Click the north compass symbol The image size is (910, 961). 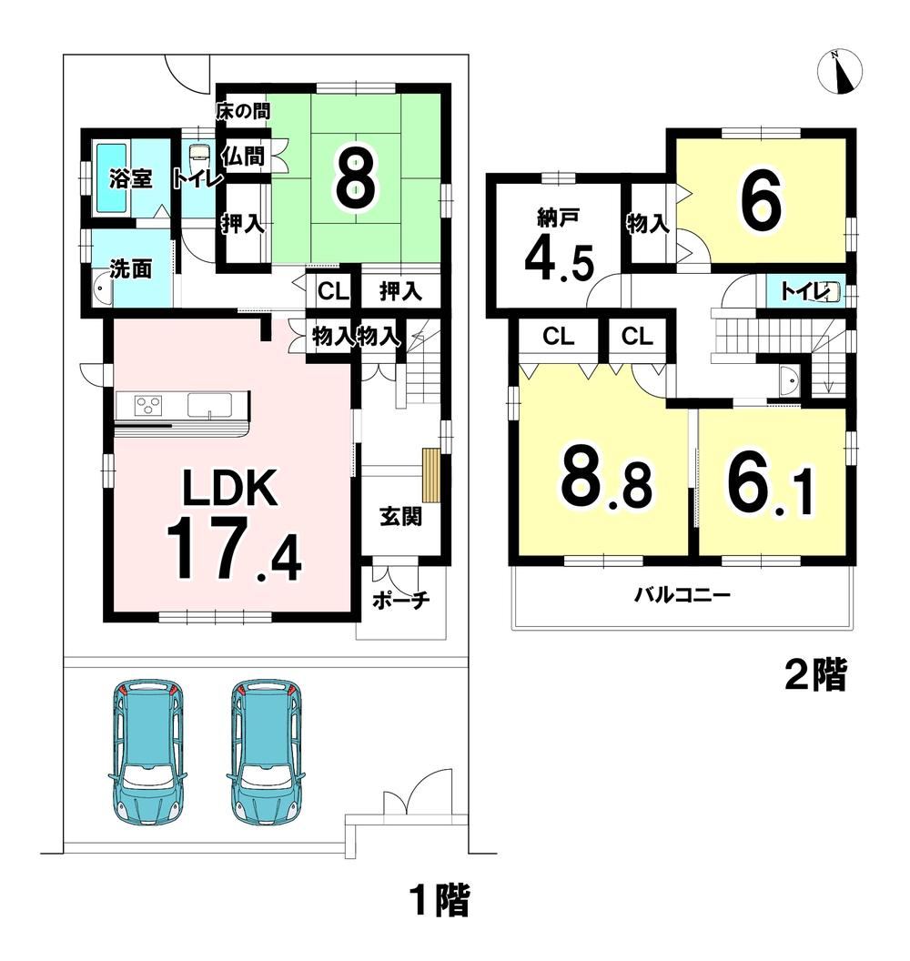(840, 71)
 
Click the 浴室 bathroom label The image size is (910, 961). (131, 179)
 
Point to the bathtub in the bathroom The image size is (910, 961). (110, 177)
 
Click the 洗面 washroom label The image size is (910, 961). (131, 268)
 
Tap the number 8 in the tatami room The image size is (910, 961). (356, 178)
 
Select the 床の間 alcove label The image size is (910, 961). (243, 111)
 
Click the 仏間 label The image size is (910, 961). (243, 157)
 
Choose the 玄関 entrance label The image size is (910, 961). (400, 517)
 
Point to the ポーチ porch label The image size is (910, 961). (401, 601)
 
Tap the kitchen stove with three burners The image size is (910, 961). (149, 404)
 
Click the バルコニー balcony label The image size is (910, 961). (682, 595)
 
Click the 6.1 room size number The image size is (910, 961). (771, 482)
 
